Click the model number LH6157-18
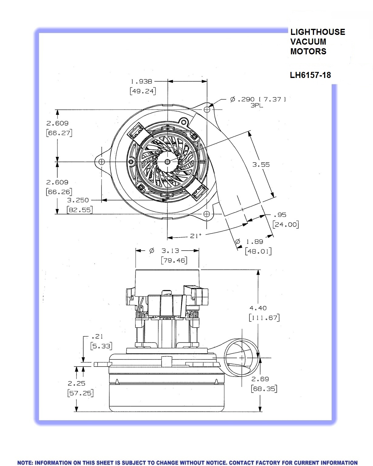[310, 75]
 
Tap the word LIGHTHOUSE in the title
[317, 32]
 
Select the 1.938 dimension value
[141, 81]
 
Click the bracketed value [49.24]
[143, 91]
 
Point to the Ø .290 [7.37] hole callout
[258, 99]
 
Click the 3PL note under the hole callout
[257, 106]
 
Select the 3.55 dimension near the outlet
[261, 164]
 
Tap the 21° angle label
[196, 236]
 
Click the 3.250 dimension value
[78, 200]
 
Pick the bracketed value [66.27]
[59, 133]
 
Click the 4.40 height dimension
[258, 308]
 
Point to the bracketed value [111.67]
[264, 318]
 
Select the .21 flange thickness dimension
[97, 336]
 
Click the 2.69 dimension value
[260, 379]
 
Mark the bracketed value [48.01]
[258, 251]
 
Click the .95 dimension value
[280, 215]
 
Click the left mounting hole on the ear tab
[102, 161]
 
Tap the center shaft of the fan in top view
[167, 161]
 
